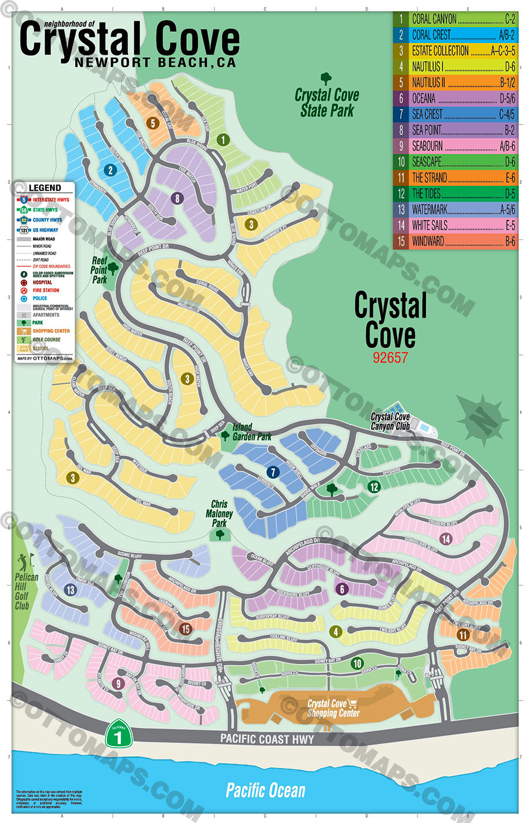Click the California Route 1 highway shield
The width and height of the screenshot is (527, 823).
click(119, 733)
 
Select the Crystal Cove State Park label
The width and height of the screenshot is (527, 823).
click(327, 102)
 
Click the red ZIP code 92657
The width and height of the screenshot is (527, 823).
click(390, 357)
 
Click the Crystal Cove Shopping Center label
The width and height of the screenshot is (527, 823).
click(333, 708)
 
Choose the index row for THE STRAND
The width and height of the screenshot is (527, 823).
click(455, 178)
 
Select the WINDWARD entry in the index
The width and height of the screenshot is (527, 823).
click(455, 241)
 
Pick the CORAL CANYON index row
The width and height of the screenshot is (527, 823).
click(455, 19)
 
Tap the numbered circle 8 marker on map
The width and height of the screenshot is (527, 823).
click(177, 199)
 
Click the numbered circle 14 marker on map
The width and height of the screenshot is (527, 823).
click(446, 538)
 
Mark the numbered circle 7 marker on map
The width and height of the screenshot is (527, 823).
click(273, 472)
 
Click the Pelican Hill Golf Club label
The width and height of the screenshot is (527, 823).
click(25, 591)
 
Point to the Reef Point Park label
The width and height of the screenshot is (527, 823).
click(100, 270)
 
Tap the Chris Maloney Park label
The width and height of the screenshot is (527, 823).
click(219, 513)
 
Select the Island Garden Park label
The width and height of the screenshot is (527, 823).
click(251, 432)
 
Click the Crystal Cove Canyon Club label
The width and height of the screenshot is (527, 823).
click(390, 421)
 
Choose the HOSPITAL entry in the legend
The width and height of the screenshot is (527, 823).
click(42, 282)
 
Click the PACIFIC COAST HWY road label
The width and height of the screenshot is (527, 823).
click(267, 739)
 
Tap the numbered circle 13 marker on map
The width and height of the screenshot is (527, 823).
click(71, 590)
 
